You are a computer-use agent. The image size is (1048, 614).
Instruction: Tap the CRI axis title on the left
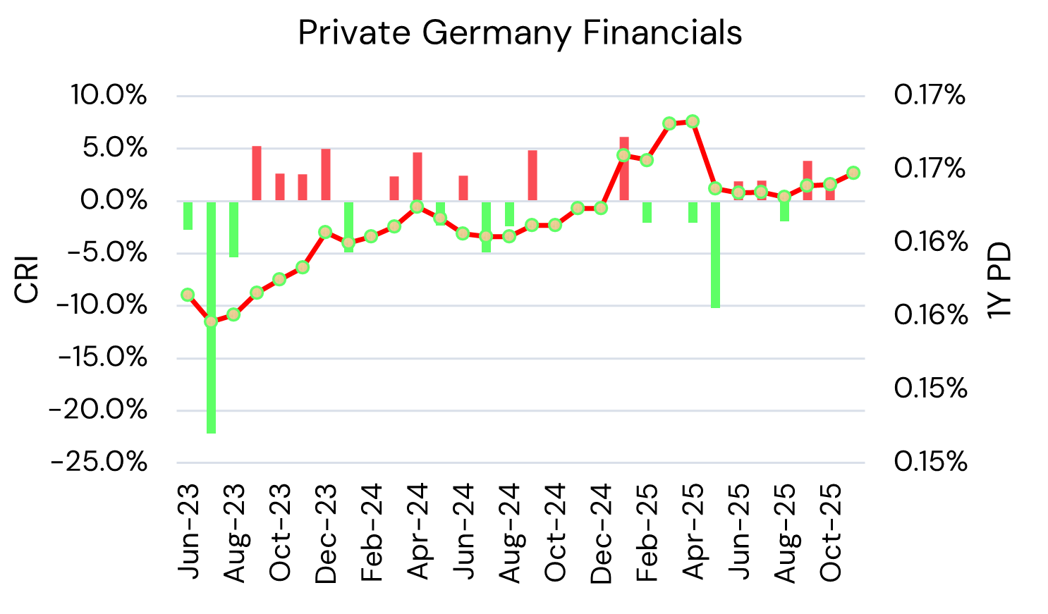click(27, 281)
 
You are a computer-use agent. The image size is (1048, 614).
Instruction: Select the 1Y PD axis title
click(999, 281)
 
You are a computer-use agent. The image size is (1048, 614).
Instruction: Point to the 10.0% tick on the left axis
click(109, 95)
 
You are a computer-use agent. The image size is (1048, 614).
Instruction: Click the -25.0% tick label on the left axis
click(99, 462)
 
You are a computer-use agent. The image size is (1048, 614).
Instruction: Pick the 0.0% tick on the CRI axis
click(114, 200)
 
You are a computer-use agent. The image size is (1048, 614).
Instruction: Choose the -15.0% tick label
click(102, 358)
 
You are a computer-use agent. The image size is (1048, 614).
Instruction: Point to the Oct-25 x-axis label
click(831, 532)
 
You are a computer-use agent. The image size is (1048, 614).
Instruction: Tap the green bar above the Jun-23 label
click(188, 215)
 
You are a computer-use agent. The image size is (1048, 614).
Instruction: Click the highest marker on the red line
click(693, 121)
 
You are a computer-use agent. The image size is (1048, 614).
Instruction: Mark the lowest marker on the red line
click(211, 321)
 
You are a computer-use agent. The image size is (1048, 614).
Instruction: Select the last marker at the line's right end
click(853, 173)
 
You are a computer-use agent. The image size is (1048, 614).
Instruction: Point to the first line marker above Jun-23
click(188, 295)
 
